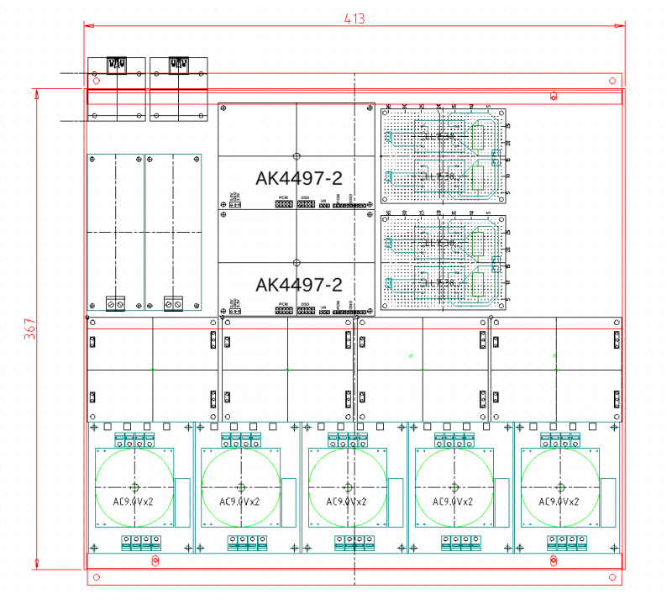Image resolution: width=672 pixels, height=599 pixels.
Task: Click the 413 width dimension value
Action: point(354,18)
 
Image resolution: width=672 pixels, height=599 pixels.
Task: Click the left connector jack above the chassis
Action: point(117,64)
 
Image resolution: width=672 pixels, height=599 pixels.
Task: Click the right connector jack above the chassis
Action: point(178,64)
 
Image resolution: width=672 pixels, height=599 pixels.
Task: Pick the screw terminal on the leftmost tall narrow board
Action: point(116,302)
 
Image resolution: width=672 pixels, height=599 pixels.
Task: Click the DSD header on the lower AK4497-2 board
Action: point(306,311)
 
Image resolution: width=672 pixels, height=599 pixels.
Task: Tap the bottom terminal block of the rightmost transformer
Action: point(559,542)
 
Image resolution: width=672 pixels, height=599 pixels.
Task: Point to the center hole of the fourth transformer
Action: point(454,487)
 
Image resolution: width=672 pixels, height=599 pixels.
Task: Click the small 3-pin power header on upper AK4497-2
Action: point(235,204)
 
